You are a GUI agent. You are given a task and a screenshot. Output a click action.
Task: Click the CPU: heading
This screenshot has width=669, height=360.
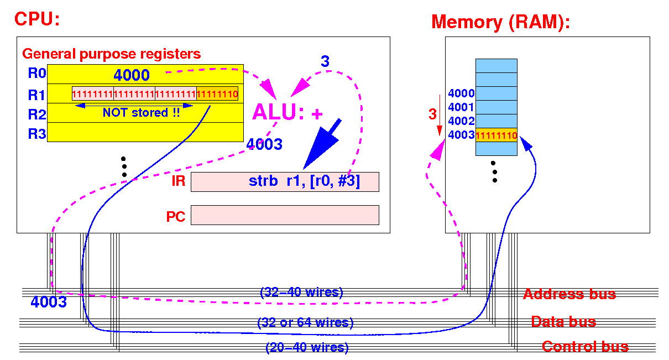coord(37,19)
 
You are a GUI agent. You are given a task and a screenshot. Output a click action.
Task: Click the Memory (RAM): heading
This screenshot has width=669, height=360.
coord(500,23)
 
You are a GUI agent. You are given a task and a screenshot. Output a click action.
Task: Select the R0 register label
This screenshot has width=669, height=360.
coord(36,73)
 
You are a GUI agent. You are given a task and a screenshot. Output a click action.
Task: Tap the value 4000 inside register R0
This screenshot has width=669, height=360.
coord(132,75)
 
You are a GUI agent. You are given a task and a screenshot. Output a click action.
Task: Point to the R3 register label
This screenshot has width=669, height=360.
coord(36,134)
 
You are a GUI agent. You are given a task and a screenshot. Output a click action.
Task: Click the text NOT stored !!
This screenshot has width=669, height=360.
coord(142,113)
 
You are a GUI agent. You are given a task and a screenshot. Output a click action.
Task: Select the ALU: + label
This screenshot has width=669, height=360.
coord(288,112)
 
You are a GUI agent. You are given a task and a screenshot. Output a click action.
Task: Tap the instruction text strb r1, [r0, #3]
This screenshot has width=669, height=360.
coord(304,181)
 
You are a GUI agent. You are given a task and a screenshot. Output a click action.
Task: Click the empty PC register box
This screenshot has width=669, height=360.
coord(285,215)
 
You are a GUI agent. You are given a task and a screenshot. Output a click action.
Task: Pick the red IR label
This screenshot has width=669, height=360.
coord(179,181)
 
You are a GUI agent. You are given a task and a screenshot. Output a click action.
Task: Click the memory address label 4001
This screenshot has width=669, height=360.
coord(461,107)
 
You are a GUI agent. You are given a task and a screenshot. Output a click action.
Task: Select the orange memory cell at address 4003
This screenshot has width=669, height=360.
coord(496,135)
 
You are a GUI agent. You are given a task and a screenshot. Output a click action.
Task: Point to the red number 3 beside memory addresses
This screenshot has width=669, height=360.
coord(432,114)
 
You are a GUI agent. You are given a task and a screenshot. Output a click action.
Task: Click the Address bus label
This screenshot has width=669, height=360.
coord(569,294)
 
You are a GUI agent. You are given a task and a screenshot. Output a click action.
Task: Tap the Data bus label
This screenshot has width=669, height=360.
coord(563,322)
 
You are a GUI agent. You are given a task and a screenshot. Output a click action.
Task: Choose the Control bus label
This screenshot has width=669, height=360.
coord(586,347)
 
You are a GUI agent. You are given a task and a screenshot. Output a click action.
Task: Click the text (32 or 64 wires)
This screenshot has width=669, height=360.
coord(305,322)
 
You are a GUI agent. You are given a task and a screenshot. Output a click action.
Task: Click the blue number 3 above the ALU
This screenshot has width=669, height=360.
coord(325,61)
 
